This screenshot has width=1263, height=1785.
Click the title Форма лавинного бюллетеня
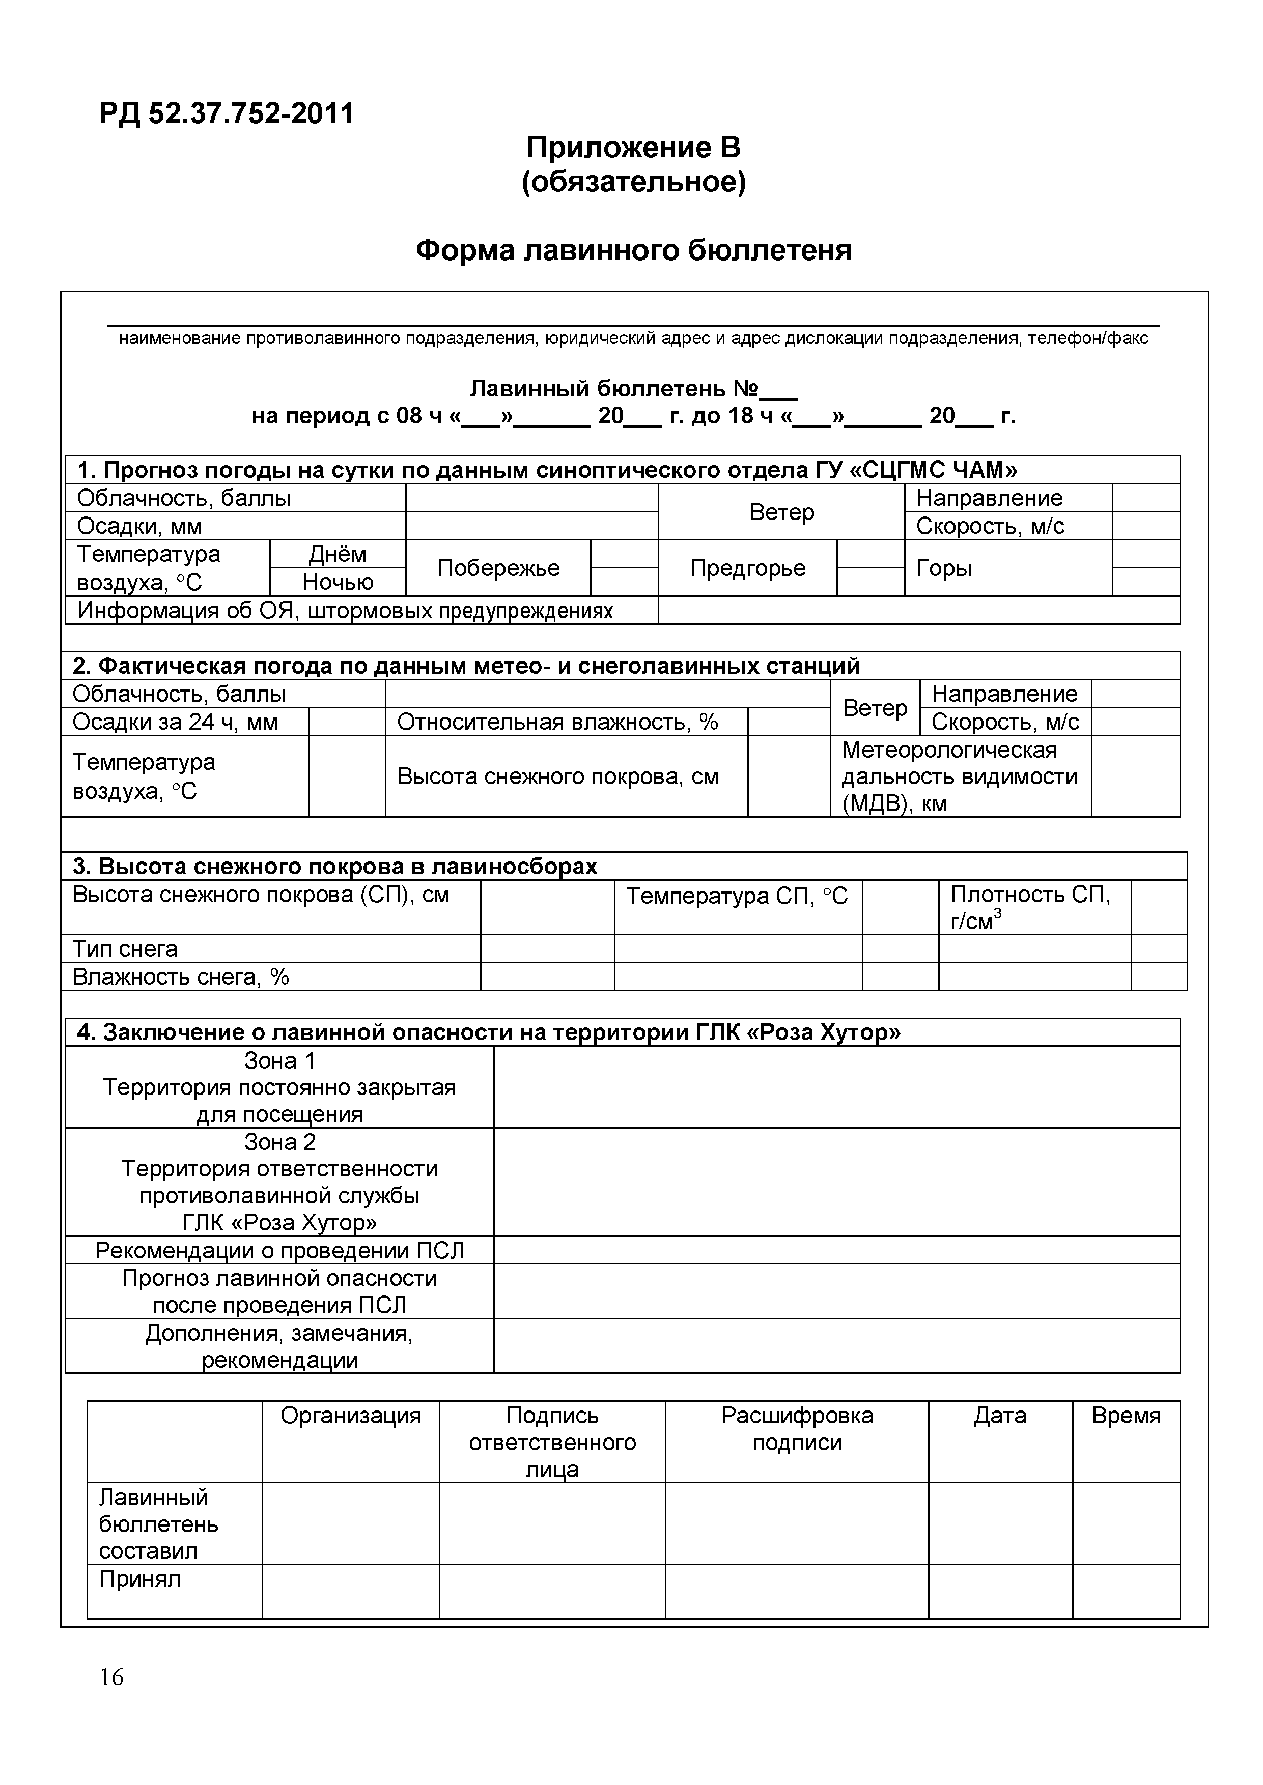click(633, 250)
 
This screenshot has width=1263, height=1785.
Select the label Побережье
click(498, 568)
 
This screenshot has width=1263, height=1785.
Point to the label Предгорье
click(747, 568)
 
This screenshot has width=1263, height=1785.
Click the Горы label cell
click(944, 568)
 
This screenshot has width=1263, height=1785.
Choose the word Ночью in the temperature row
click(338, 582)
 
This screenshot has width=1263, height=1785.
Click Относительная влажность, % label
click(557, 722)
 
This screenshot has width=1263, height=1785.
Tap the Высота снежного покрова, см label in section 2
click(557, 776)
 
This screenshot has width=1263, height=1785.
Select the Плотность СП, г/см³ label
click(1030, 907)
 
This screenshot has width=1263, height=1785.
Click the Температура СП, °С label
click(737, 897)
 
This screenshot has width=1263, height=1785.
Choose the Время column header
click(1126, 1416)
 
